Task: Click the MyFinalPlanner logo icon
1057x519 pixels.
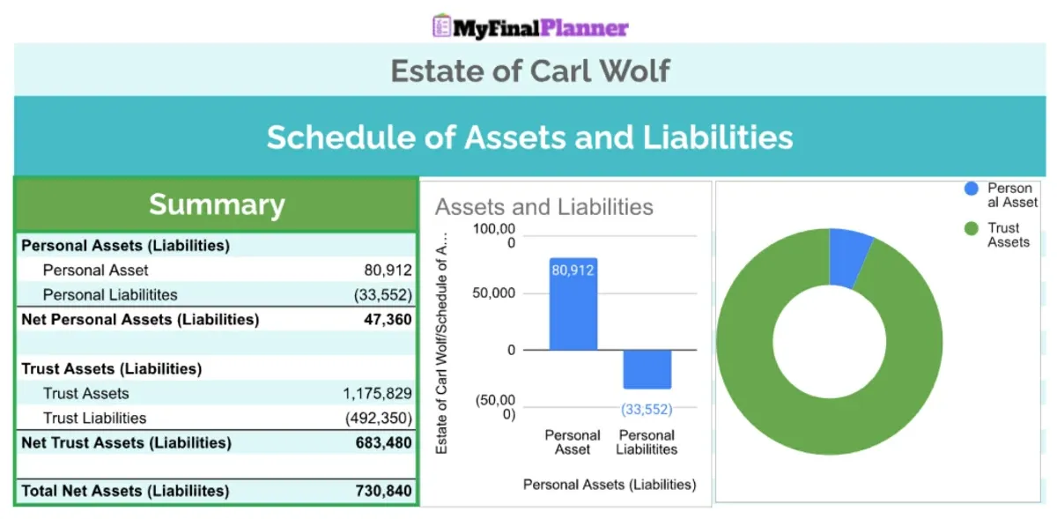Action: coord(441,26)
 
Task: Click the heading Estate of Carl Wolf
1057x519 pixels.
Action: coord(530,70)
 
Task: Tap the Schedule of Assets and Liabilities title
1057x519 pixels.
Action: coord(529,137)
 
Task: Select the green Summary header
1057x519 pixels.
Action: coord(217,204)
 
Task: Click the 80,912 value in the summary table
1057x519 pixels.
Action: coord(388,271)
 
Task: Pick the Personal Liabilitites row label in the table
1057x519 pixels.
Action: coord(110,294)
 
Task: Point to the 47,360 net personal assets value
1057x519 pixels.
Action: coord(388,319)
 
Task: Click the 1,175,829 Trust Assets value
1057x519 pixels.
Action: coord(377,393)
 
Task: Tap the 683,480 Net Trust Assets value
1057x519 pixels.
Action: coord(384,442)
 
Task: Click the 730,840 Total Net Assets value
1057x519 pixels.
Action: coord(384,491)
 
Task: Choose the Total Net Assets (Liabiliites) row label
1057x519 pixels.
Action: coord(125,491)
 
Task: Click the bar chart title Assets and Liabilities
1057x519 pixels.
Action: coord(544,207)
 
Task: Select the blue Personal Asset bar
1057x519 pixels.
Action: coord(573,304)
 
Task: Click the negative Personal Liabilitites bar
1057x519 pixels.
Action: coord(647,369)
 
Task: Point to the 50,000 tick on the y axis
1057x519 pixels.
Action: coord(493,293)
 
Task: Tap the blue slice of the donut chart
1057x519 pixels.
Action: coord(850,258)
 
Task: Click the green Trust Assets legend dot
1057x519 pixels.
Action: coord(971,228)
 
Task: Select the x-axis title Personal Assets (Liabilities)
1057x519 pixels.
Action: coord(610,485)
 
